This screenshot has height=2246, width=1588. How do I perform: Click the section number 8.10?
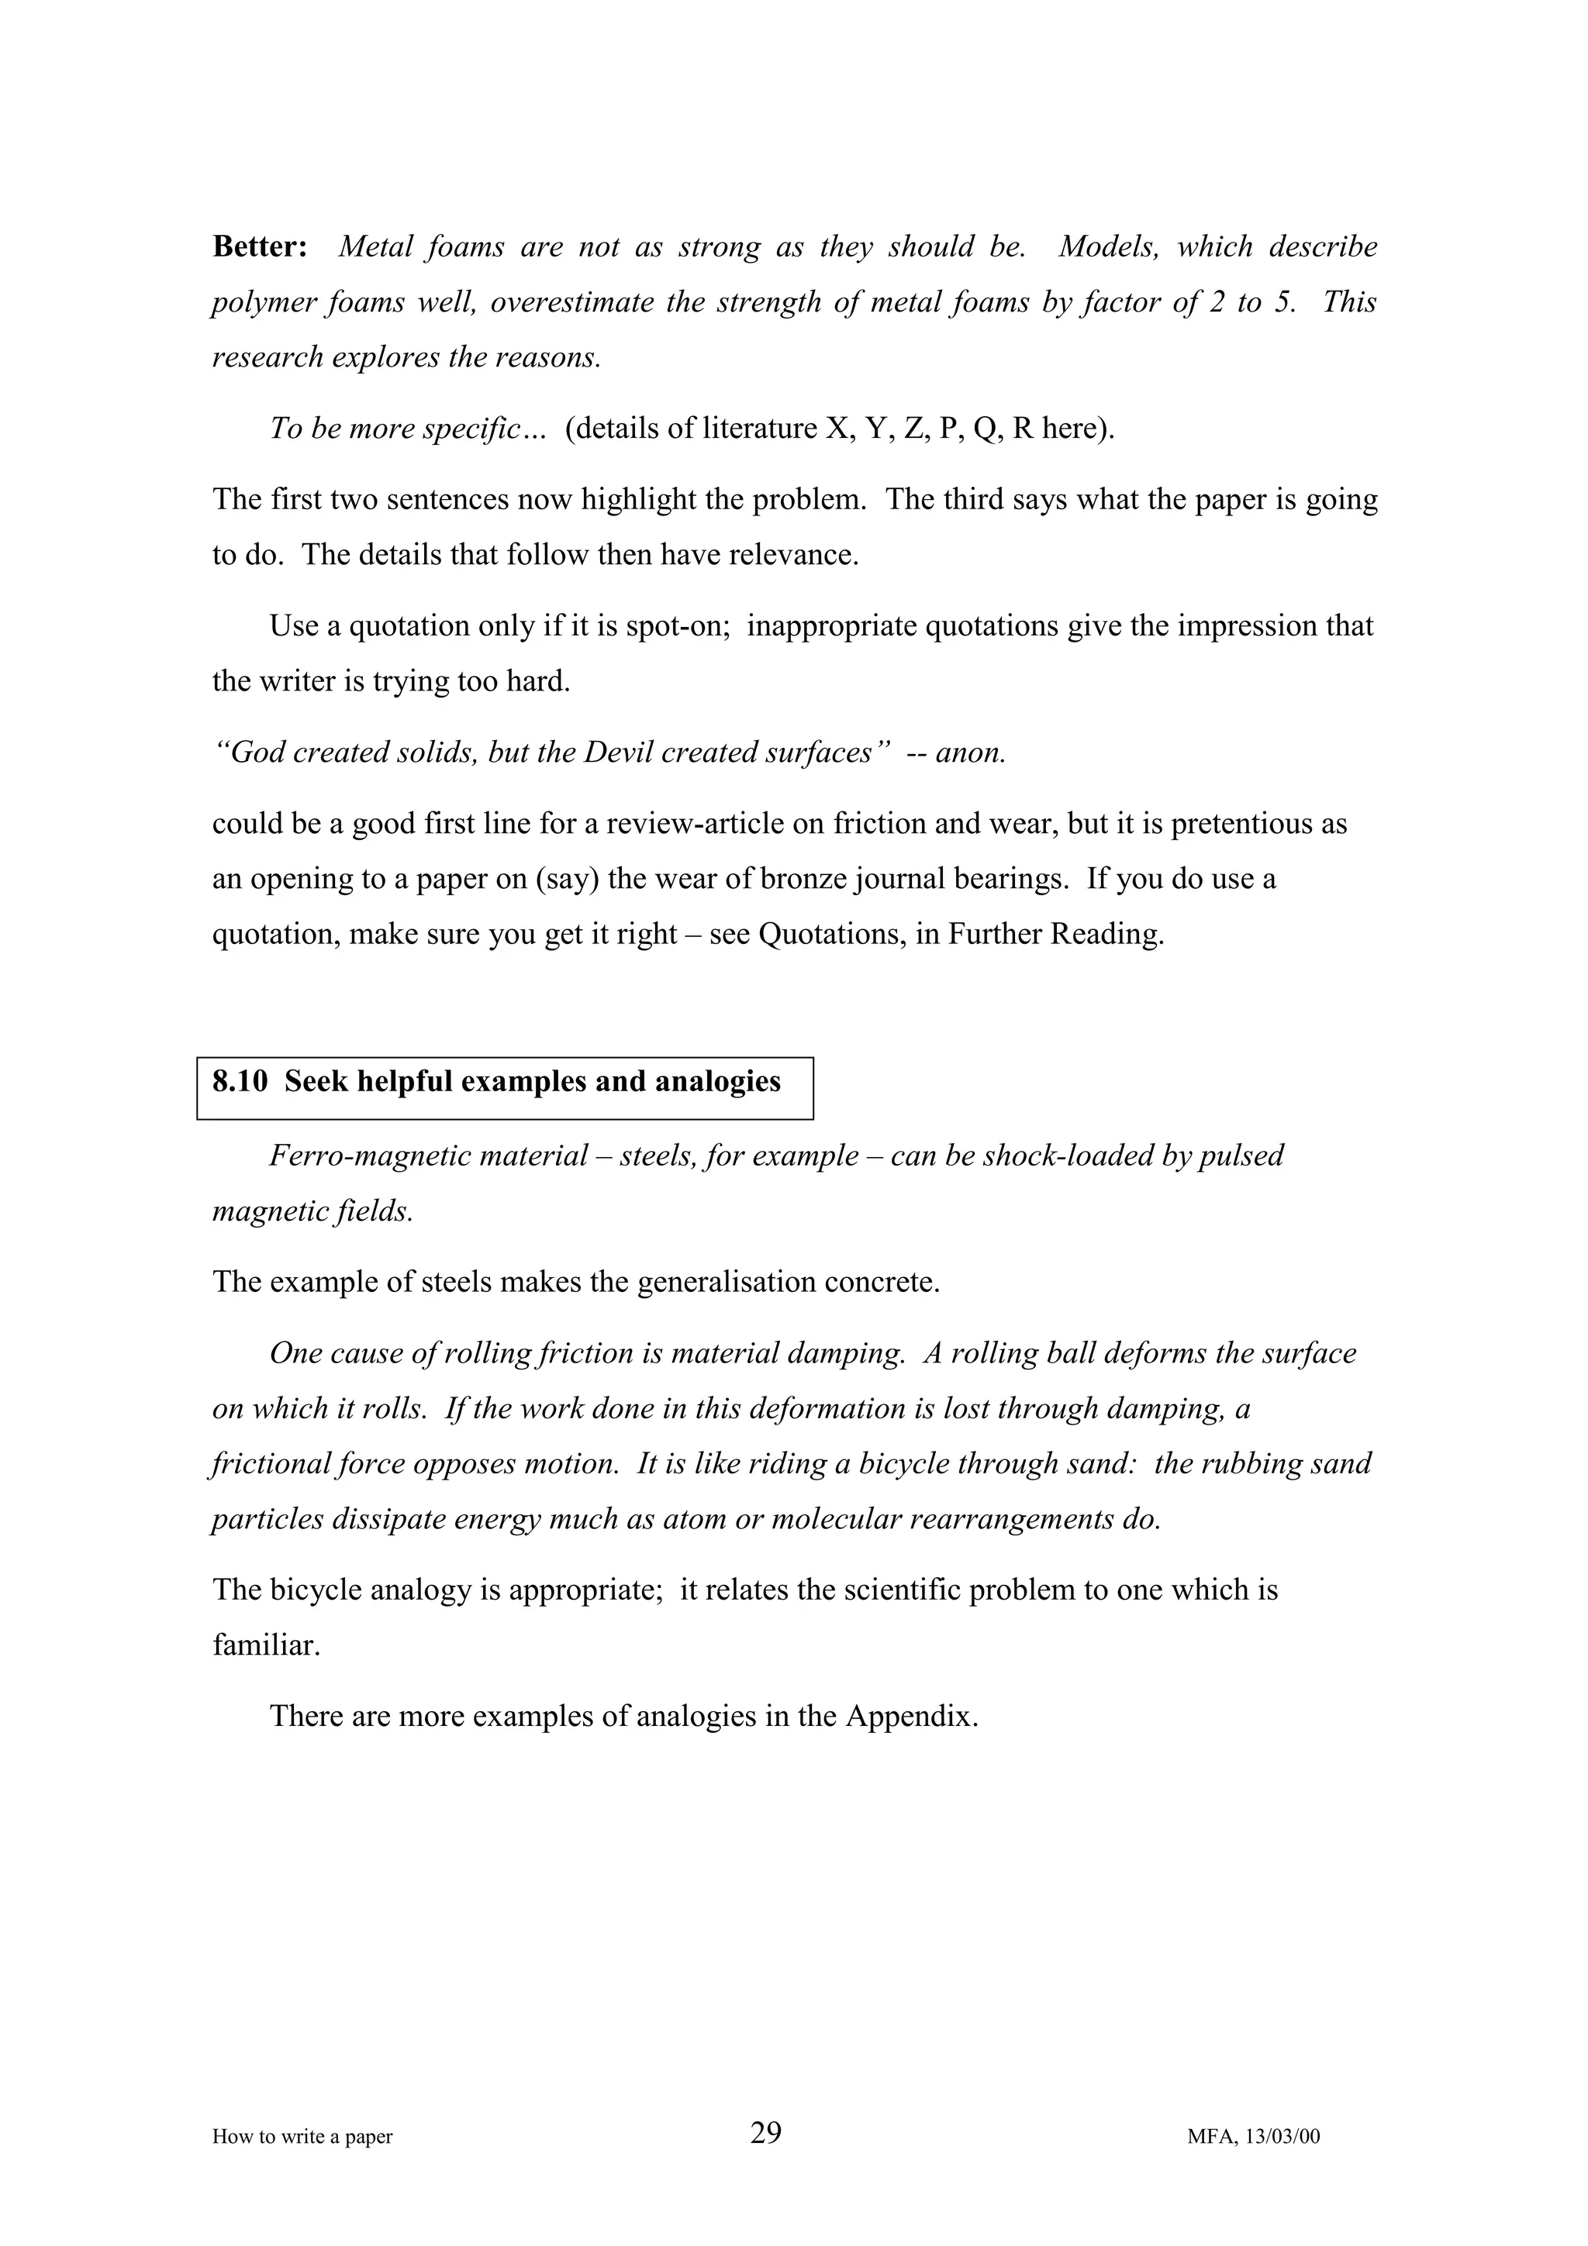[240, 1082]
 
